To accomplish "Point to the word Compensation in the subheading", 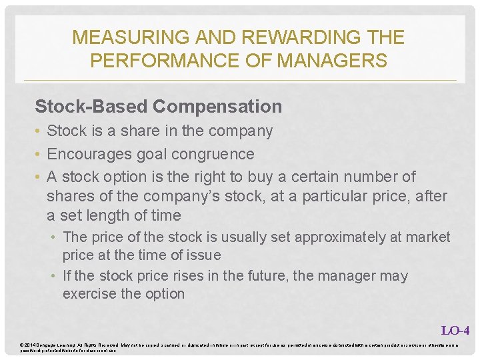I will click(x=217, y=106).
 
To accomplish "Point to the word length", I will click(x=113, y=215).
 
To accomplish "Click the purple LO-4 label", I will click(x=455, y=329).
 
